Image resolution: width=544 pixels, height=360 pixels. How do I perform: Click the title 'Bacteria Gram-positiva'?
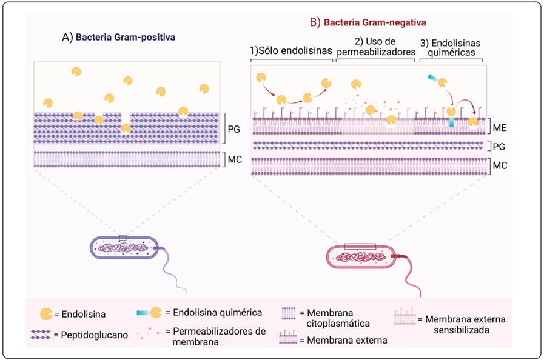(x=123, y=37)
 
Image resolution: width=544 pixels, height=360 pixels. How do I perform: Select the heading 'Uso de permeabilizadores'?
(x=376, y=47)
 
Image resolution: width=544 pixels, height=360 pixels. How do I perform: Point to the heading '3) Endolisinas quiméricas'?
(x=451, y=47)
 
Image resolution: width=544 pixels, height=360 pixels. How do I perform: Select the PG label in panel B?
(x=500, y=146)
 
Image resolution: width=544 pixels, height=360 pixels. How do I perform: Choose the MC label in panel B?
(x=500, y=165)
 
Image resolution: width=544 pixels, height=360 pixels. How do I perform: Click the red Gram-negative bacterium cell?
(x=360, y=255)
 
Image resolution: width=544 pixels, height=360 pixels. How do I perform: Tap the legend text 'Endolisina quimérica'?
(x=218, y=313)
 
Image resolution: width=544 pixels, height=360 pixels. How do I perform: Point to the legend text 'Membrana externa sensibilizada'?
(x=465, y=324)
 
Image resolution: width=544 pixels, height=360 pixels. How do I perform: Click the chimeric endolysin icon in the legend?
(x=149, y=313)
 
